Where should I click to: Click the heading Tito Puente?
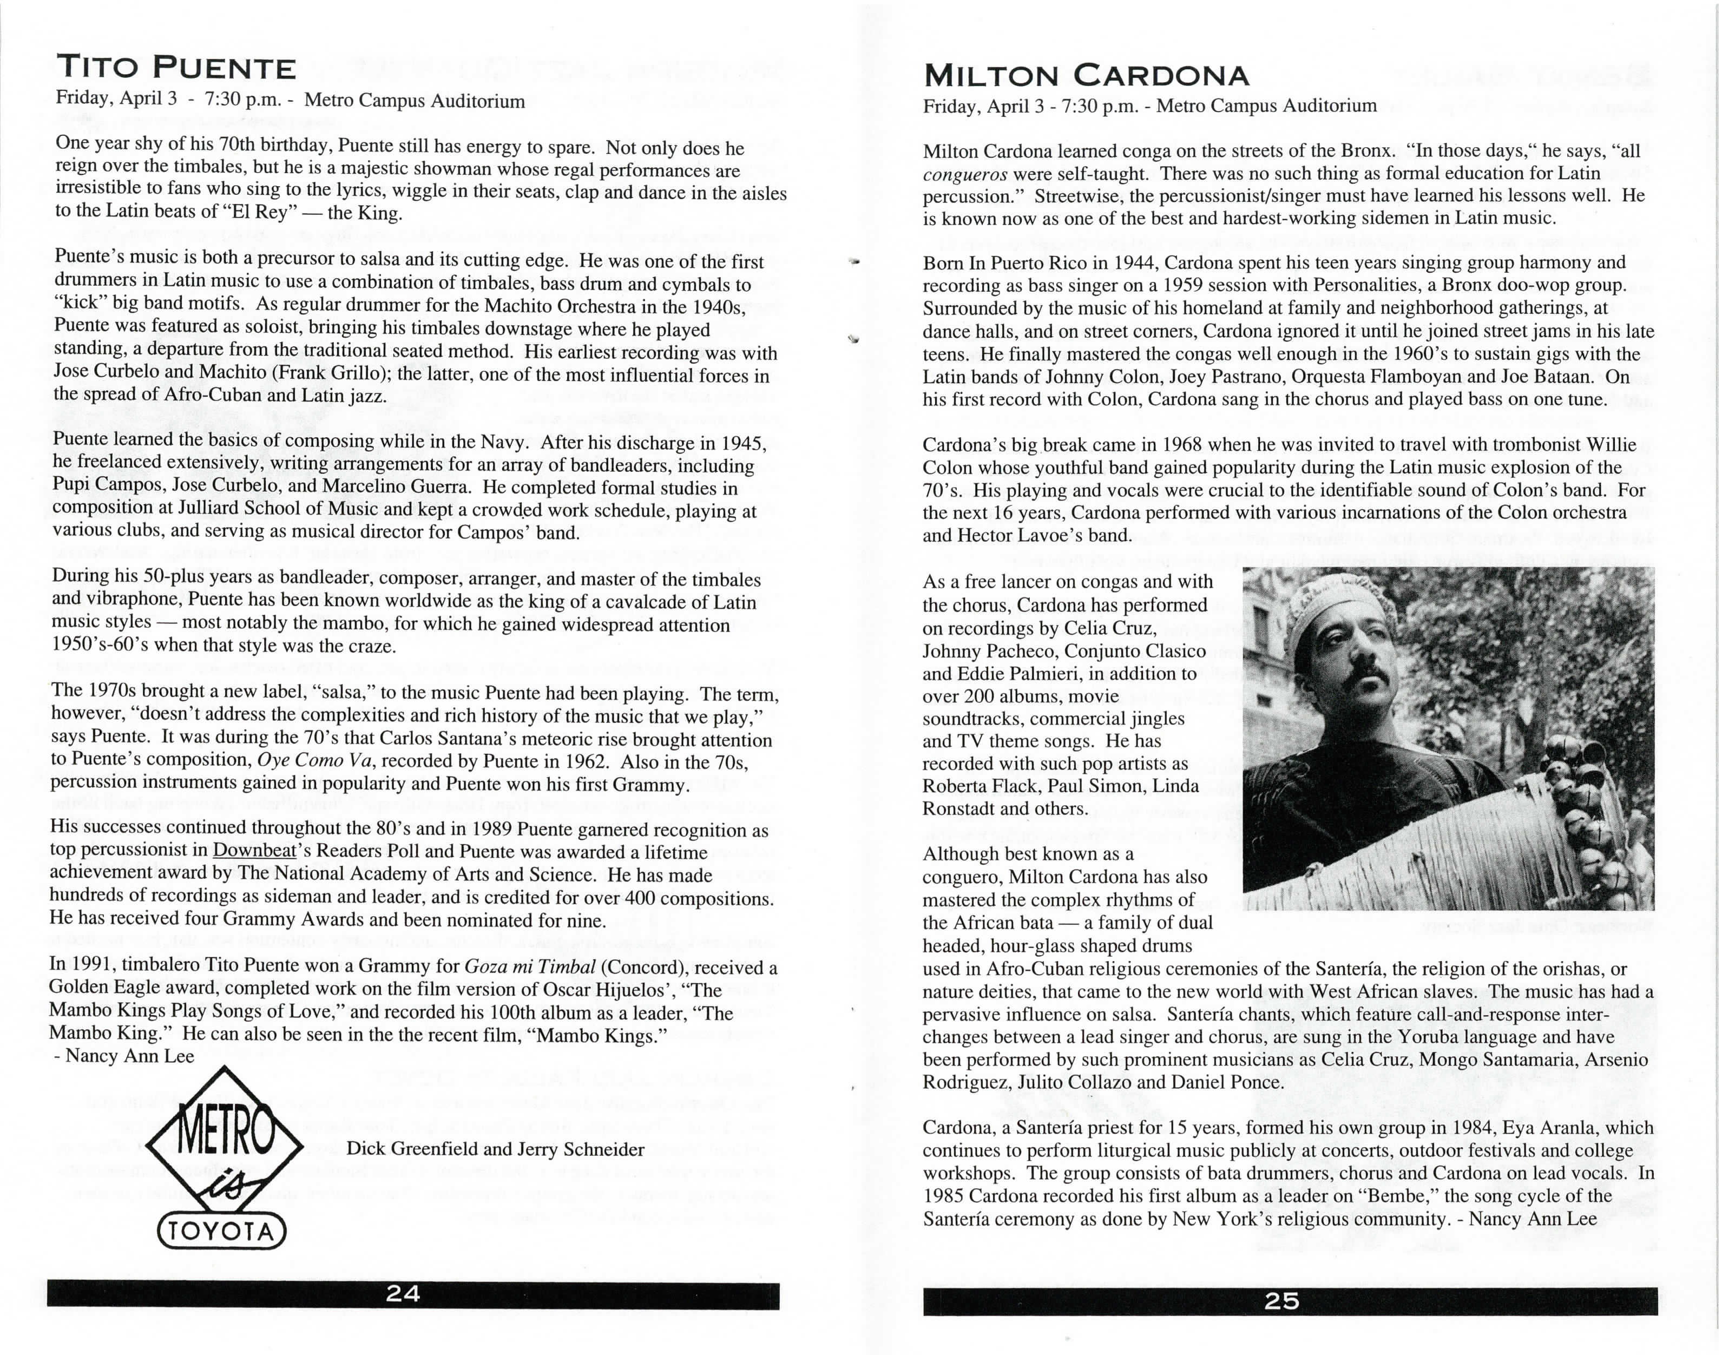175,68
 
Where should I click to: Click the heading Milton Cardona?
1086,76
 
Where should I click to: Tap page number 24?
403,1294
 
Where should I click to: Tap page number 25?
1281,1300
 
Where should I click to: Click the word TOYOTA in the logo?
221,1232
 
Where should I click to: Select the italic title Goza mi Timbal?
529,966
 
